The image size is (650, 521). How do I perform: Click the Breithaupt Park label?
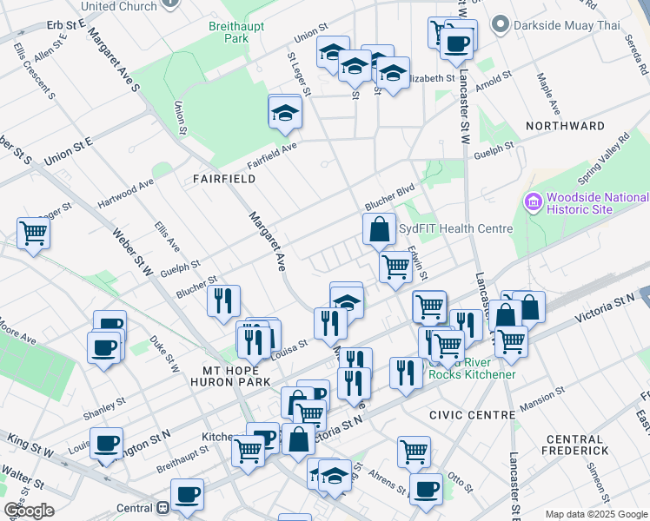click(x=229, y=33)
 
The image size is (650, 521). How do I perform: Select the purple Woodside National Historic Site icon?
click(x=534, y=202)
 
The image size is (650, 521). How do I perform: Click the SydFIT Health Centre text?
click(x=455, y=228)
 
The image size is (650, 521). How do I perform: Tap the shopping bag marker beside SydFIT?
click(x=380, y=231)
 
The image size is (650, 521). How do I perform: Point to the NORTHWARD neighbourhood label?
click(x=565, y=126)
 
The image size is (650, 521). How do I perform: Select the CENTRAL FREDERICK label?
click(x=574, y=445)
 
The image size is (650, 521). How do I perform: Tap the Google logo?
click(x=29, y=511)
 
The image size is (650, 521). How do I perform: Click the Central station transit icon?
click(x=162, y=508)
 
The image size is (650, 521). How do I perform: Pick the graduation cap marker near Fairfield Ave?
click(x=284, y=114)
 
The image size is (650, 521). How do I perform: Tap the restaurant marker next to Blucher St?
click(x=223, y=300)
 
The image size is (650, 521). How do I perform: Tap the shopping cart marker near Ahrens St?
click(x=414, y=452)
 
